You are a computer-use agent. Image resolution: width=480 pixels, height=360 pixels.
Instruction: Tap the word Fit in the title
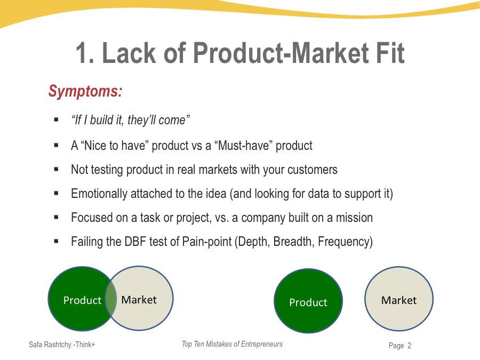click(390, 53)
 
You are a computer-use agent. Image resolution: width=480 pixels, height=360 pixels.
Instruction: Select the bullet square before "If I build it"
click(56, 119)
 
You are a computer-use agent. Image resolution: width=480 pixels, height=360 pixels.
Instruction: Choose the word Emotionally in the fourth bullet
click(99, 194)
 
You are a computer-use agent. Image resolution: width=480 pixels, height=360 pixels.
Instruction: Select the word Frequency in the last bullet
click(343, 242)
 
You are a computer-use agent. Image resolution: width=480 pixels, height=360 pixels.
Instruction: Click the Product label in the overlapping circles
click(82, 300)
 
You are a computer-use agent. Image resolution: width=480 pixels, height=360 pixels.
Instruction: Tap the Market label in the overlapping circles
click(139, 300)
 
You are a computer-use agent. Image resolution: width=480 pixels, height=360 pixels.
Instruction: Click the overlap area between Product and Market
click(111, 299)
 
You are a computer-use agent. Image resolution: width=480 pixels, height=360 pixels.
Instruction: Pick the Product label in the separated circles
click(308, 302)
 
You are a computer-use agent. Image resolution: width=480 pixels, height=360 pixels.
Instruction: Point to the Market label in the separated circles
click(399, 300)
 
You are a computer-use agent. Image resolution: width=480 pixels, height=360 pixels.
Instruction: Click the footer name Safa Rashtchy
click(50, 345)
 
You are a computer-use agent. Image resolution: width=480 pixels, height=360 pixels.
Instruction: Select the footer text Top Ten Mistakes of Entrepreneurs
click(232, 344)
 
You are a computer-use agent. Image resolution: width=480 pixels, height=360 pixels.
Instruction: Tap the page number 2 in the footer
click(409, 346)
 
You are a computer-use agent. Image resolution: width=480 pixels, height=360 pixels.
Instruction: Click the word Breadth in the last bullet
click(293, 242)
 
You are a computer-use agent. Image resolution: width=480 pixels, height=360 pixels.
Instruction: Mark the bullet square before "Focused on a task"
click(56, 218)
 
